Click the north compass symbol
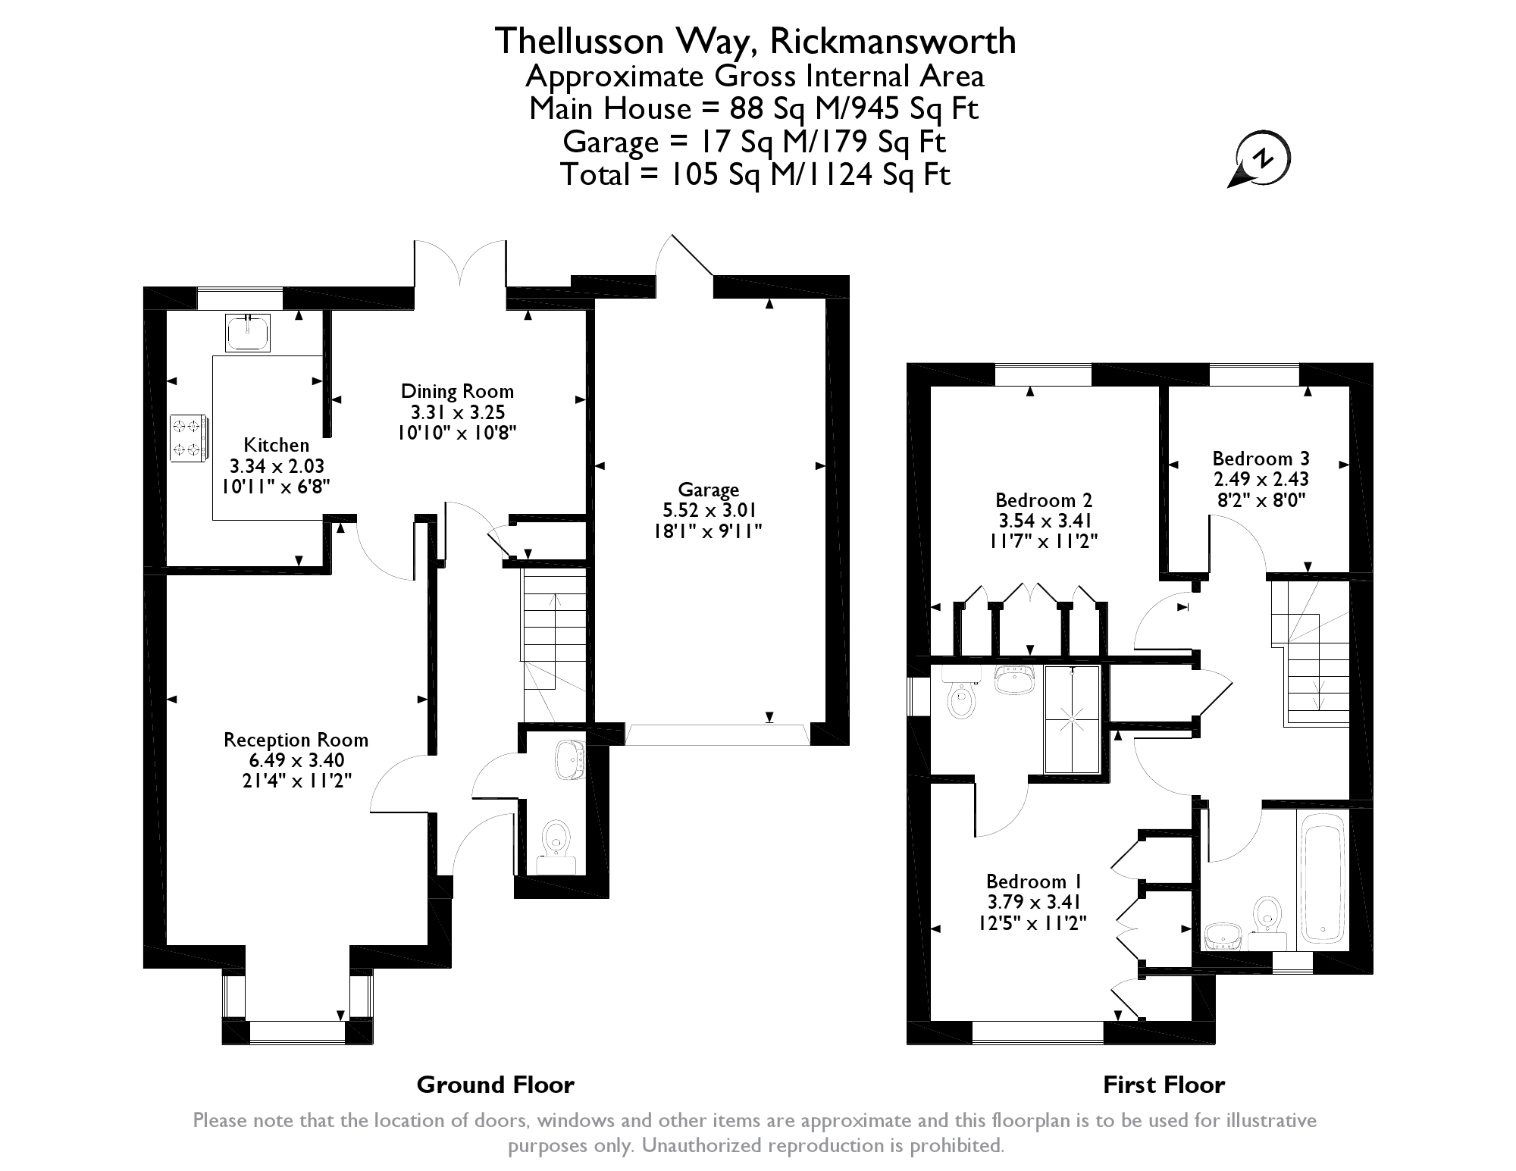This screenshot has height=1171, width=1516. pyautogui.click(x=1259, y=161)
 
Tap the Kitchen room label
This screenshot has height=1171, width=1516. pyautogui.click(x=276, y=445)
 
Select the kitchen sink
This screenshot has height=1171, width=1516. pyautogui.click(x=248, y=333)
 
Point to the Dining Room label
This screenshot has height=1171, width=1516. pyautogui.click(x=457, y=391)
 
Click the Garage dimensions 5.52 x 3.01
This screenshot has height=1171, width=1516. pyautogui.click(x=708, y=510)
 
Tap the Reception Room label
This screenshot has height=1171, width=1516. pyautogui.click(x=296, y=740)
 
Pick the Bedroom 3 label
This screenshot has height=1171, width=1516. pyautogui.click(x=1261, y=459)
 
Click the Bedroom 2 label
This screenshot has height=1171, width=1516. pyautogui.click(x=1044, y=500)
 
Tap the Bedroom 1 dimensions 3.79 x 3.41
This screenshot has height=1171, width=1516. pyautogui.click(x=1033, y=902)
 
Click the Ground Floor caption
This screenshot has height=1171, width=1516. pyautogui.click(x=496, y=1085)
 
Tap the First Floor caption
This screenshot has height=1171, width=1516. pyautogui.click(x=1164, y=1085)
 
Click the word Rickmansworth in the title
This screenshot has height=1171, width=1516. pyautogui.click(x=892, y=41)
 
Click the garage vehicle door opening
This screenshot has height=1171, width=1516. pyautogui.click(x=716, y=734)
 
